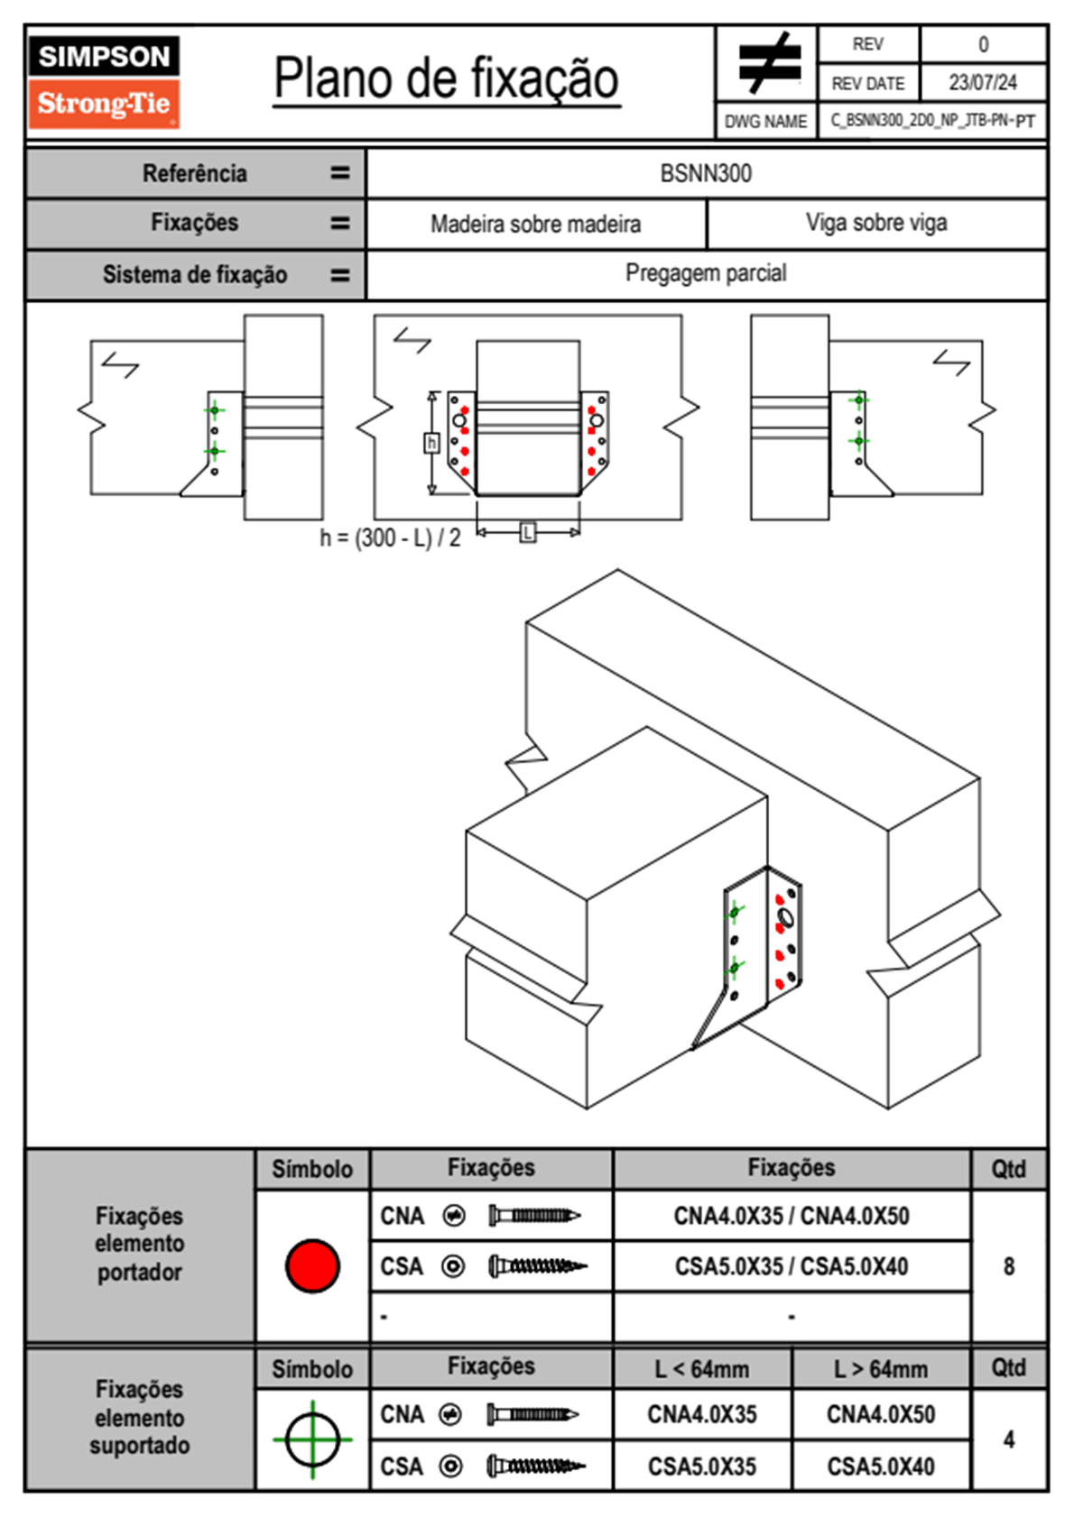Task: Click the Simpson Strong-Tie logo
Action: [x=104, y=81]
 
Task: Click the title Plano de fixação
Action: [x=446, y=78]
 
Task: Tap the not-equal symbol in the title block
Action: [x=768, y=64]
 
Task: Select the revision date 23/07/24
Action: [x=982, y=83]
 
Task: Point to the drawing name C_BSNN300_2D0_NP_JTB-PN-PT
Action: [x=932, y=121]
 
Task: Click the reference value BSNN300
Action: [x=706, y=173]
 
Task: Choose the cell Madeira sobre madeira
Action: [x=535, y=224]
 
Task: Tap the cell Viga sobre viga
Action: [x=875, y=223]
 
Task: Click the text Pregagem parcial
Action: [x=706, y=273]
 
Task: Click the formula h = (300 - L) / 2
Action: [x=390, y=538]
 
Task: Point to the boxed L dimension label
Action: [x=528, y=533]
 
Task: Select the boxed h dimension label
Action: [x=431, y=443]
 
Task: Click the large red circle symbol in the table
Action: [x=312, y=1265]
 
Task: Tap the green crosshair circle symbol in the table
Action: [x=312, y=1439]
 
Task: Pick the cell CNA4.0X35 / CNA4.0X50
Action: [x=792, y=1216]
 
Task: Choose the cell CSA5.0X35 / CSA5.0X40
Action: [x=792, y=1266]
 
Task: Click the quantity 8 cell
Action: [x=1009, y=1266]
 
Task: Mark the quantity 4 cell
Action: [x=1009, y=1439]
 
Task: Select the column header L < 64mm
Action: [x=702, y=1369]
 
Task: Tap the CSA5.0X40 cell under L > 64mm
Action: [x=881, y=1466]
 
